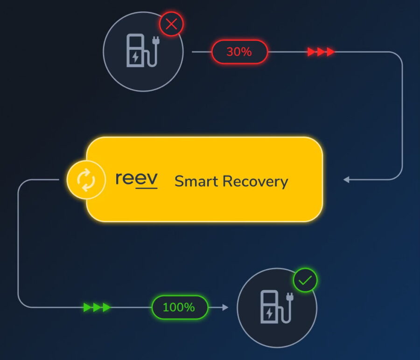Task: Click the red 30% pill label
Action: [x=239, y=52]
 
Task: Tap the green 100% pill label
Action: [x=180, y=307]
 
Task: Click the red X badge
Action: [x=171, y=24]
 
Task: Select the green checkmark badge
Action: [x=305, y=280]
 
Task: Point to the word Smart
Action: [x=196, y=181]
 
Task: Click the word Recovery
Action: [x=255, y=182]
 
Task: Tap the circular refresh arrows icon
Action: [x=86, y=180]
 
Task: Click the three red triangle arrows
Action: [x=321, y=52]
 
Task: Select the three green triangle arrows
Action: [x=97, y=307]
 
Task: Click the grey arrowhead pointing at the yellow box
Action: [x=346, y=180]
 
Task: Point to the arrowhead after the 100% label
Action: [x=225, y=307]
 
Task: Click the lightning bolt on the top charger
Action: [x=135, y=57]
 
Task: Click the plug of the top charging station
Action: [x=155, y=41]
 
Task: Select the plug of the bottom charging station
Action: [x=290, y=297]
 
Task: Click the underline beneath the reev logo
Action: [x=147, y=188]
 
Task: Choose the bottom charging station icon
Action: [x=277, y=307]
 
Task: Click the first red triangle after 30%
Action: [x=311, y=52]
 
